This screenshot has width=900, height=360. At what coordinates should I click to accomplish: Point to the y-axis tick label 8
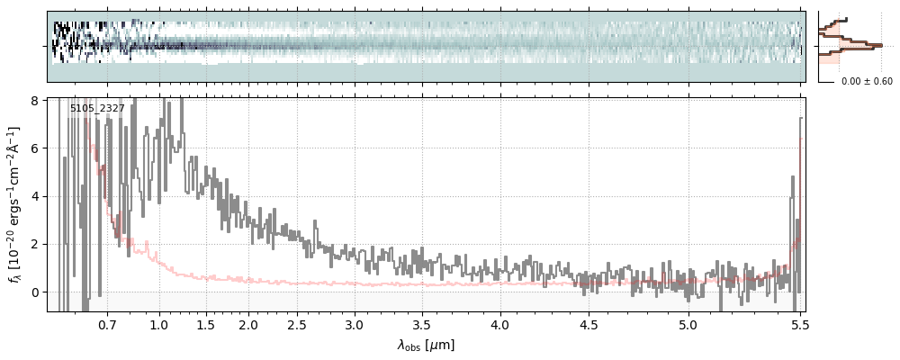click(35, 100)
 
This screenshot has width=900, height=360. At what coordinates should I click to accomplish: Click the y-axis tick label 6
click(35, 148)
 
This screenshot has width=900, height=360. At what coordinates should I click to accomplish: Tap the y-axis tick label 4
click(35, 196)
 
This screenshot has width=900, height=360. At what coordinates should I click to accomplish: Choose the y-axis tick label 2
click(35, 244)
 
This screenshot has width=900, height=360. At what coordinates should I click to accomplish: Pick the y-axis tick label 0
click(35, 292)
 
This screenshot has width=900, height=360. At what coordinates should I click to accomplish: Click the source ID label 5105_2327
click(97, 109)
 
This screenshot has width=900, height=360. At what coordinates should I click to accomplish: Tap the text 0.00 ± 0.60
click(867, 82)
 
